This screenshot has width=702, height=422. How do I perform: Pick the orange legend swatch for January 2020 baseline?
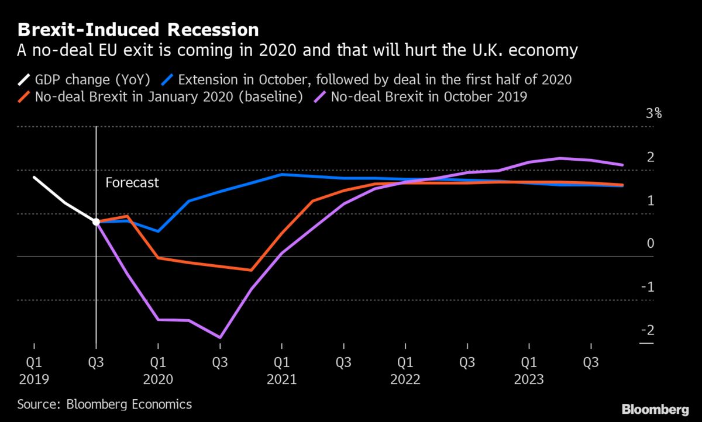click(26, 97)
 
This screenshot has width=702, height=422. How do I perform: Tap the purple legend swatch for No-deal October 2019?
click(321, 97)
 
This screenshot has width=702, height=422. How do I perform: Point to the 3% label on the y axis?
click(653, 113)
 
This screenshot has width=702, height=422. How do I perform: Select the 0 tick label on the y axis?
click(651, 244)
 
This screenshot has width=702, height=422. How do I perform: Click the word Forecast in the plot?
click(132, 183)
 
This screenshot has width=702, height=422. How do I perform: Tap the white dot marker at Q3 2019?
click(96, 222)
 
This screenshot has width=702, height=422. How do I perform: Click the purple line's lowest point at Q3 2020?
click(220, 337)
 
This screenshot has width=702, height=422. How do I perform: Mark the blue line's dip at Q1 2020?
click(158, 231)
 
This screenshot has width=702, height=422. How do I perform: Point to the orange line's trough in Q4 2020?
click(251, 270)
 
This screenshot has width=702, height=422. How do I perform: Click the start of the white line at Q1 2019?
click(34, 177)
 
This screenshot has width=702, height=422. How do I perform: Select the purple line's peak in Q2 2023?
click(560, 158)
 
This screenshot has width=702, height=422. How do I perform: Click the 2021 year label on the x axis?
click(281, 379)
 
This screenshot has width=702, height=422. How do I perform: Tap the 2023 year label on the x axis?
click(529, 379)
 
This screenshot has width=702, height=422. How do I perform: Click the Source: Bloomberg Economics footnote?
click(104, 404)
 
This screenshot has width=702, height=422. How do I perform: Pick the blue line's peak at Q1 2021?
click(282, 174)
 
